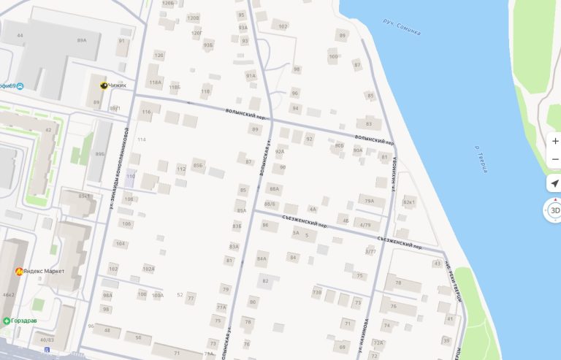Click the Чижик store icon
pyautogui.click(x=104, y=85)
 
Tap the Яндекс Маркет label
pyautogui.click(x=43, y=272)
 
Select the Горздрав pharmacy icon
pyautogui.click(x=7, y=321)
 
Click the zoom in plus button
pyautogui.click(x=555, y=141)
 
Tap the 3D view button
pyautogui.click(x=554, y=210)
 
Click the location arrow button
pyautogui.click(x=554, y=183)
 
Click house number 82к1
pyautogui.click(x=409, y=202)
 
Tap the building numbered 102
pyautogui.click(x=283, y=26)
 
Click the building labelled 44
pyautogui.click(x=20, y=35)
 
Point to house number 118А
pyautogui.click(x=155, y=83)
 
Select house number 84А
pyautogui.click(x=262, y=258)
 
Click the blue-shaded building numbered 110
pyautogui.click(x=131, y=177)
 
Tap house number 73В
pyautogui.click(x=316, y=292)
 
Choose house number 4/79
pyautogui.click(x=365, y=224)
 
